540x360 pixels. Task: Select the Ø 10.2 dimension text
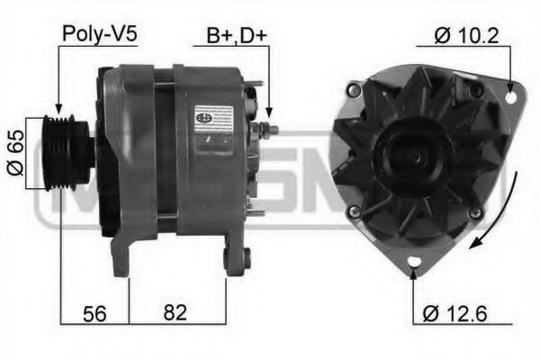tap(466, 36)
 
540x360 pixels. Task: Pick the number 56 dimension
tap(94, 314)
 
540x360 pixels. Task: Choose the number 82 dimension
tap(176, 314)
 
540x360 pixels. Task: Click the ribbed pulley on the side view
tap(67, 152)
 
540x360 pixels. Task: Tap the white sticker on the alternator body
tap(212, 120)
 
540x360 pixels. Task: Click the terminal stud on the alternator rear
tap(267, 130)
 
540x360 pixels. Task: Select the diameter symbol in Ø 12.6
tap(430, 314)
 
